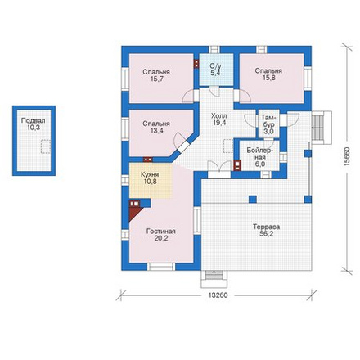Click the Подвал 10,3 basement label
33,124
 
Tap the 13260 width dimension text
218,295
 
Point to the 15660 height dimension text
347,156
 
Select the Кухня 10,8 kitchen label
150,178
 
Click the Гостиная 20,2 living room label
161,235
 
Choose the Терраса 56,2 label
266,230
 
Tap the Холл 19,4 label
219,119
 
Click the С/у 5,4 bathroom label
215,70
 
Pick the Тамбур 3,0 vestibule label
268,124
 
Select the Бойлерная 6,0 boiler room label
259,157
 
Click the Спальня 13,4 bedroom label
156,127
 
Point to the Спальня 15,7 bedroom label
156,75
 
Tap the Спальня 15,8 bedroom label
268,74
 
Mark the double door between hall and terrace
219,166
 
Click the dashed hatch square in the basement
46,146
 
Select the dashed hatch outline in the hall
228,146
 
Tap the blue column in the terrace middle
253,199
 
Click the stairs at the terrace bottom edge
214,276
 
